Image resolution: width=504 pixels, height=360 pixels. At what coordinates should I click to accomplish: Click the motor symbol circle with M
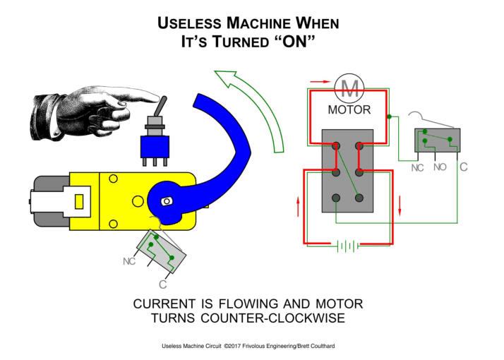[349, 88]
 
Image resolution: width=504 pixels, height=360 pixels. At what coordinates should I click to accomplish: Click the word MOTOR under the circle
[349, 110]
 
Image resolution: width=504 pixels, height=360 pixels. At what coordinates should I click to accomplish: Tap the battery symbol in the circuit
[348, 246]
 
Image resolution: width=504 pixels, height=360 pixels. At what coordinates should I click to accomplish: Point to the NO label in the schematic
[440, 167]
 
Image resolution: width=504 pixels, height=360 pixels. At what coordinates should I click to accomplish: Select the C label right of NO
[463, 167]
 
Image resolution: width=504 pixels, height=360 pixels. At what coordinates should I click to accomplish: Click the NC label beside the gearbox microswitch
[129, 261]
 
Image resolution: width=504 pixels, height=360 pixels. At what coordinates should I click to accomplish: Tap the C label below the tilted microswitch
[163, 284]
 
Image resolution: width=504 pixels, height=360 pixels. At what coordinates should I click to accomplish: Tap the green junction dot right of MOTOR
[389, 116]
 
